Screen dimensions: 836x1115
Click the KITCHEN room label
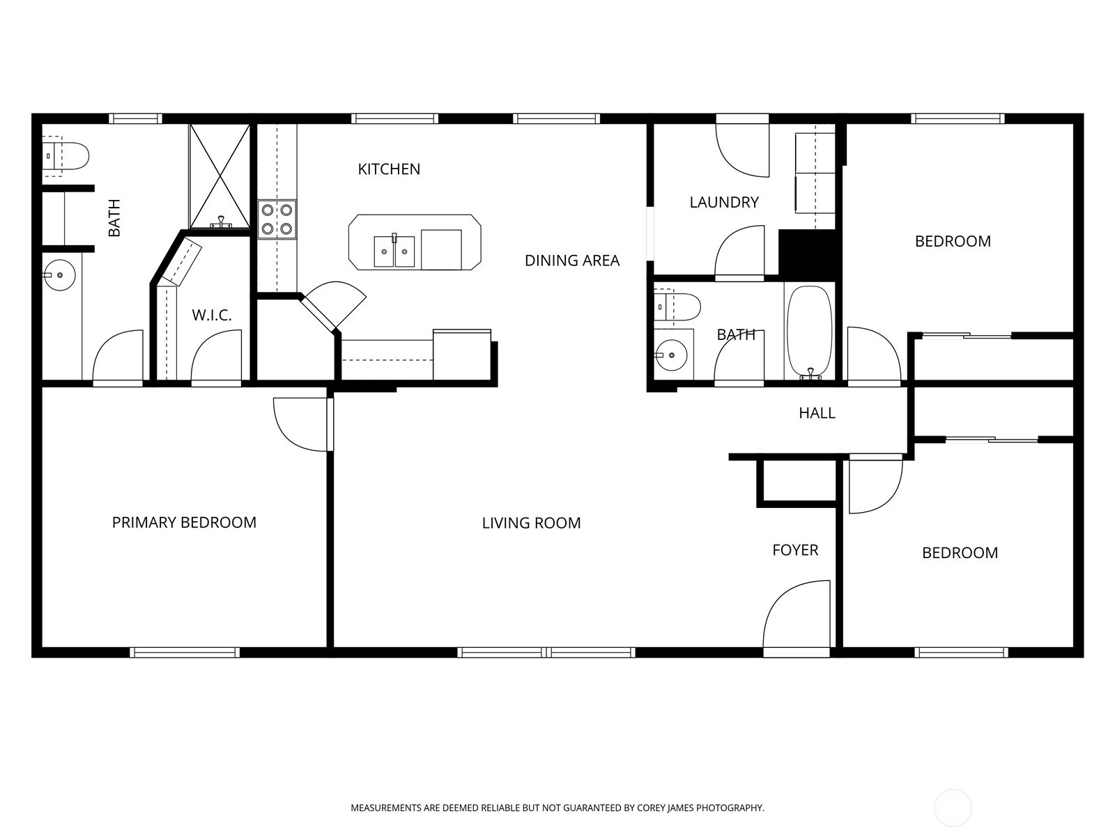coord(389,169)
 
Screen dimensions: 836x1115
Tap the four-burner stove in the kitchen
coord(277,219)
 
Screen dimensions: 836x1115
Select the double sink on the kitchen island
coord(394,251)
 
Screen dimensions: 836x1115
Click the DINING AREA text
coord(571,261)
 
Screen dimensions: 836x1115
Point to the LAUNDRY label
coord(724,203)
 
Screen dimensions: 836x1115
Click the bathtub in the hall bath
coord(809,330)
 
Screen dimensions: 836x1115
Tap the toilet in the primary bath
coord(66,156)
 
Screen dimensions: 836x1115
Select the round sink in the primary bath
coord(59,274)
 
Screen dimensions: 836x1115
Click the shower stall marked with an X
coord(220,176)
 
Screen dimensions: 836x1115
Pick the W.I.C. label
coord(212,316)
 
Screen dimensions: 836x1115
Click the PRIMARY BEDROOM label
coord(184,522)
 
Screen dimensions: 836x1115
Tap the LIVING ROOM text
coord(531,523)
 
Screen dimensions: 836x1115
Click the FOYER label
coord(795,550)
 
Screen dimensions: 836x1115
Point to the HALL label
coord(817,413)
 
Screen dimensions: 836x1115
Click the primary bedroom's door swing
coord(302,424)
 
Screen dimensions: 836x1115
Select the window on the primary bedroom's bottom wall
coord(185,653)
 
